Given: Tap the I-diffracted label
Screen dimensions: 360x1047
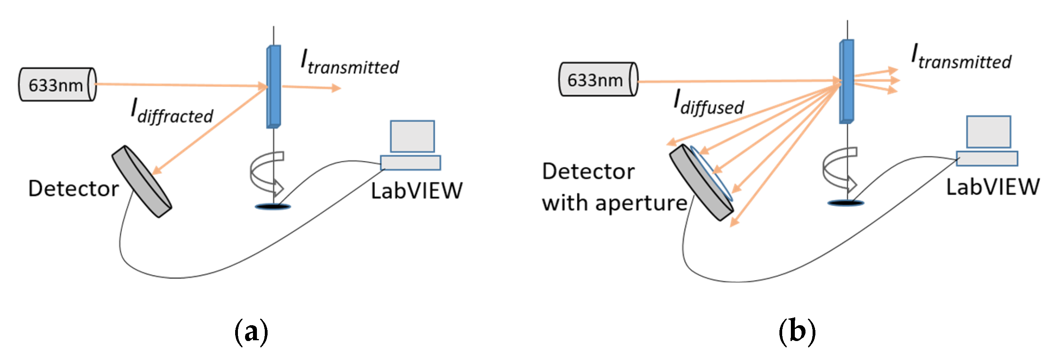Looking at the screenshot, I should tap(172, 112).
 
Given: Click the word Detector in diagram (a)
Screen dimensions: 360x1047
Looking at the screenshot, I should tap(73, 189).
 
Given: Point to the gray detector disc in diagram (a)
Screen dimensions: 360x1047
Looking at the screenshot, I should tap(141, 182).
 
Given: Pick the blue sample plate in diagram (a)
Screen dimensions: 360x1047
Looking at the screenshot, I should tap(274, 87).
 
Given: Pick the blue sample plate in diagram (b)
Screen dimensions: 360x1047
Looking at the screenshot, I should tap(847, 81).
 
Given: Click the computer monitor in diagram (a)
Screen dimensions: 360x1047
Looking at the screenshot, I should tap(412, 136).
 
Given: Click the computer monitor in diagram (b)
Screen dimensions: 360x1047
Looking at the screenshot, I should tap(988, 132).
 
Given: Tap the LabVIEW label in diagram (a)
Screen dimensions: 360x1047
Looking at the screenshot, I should tap(417, 190).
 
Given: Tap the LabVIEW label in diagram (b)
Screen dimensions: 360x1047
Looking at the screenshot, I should tap(992, 187).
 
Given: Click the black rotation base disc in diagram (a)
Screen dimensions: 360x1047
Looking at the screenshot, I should tap(273, 207).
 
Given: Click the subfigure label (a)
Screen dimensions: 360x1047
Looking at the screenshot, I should tap(252, 332).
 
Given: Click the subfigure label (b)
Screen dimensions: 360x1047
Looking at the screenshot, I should tap(797, 332).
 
